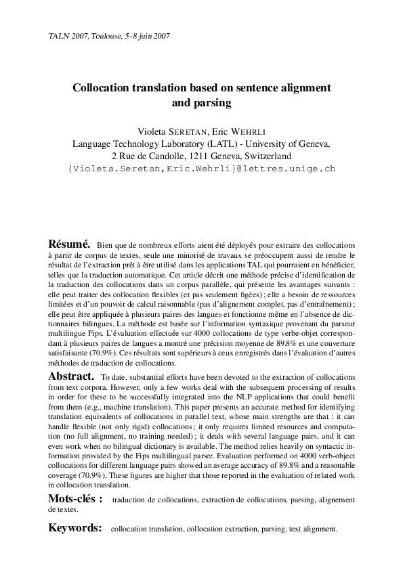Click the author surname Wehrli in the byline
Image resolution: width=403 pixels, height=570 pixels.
(x=255, y=132)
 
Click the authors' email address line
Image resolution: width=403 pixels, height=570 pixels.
(x=201, y=168)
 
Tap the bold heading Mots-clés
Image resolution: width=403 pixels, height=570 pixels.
(x=75, y=500)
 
